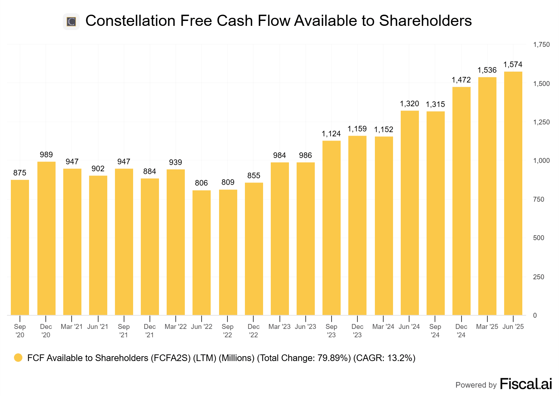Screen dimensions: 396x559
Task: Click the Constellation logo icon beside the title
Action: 71,22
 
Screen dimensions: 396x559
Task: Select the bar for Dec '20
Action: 46,238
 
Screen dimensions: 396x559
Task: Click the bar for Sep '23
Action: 331,228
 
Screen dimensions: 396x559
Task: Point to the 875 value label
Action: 20,173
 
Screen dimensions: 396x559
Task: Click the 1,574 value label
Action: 513,64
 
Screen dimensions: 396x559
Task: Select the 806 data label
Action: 201,183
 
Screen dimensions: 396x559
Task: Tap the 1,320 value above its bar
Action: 409,103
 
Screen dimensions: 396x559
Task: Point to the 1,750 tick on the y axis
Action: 541,44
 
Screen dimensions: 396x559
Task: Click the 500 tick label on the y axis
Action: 538,238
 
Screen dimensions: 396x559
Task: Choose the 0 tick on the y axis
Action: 535,315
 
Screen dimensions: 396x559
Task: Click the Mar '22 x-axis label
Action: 175,326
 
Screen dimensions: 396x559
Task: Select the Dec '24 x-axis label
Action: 461,331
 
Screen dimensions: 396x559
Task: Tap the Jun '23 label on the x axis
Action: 305,326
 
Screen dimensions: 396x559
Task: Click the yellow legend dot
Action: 18,358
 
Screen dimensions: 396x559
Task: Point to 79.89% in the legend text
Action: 334,358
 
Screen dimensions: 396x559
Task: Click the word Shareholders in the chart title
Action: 425,21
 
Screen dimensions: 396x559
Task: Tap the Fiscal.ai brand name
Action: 526,384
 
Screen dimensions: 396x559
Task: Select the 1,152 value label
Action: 384,129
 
